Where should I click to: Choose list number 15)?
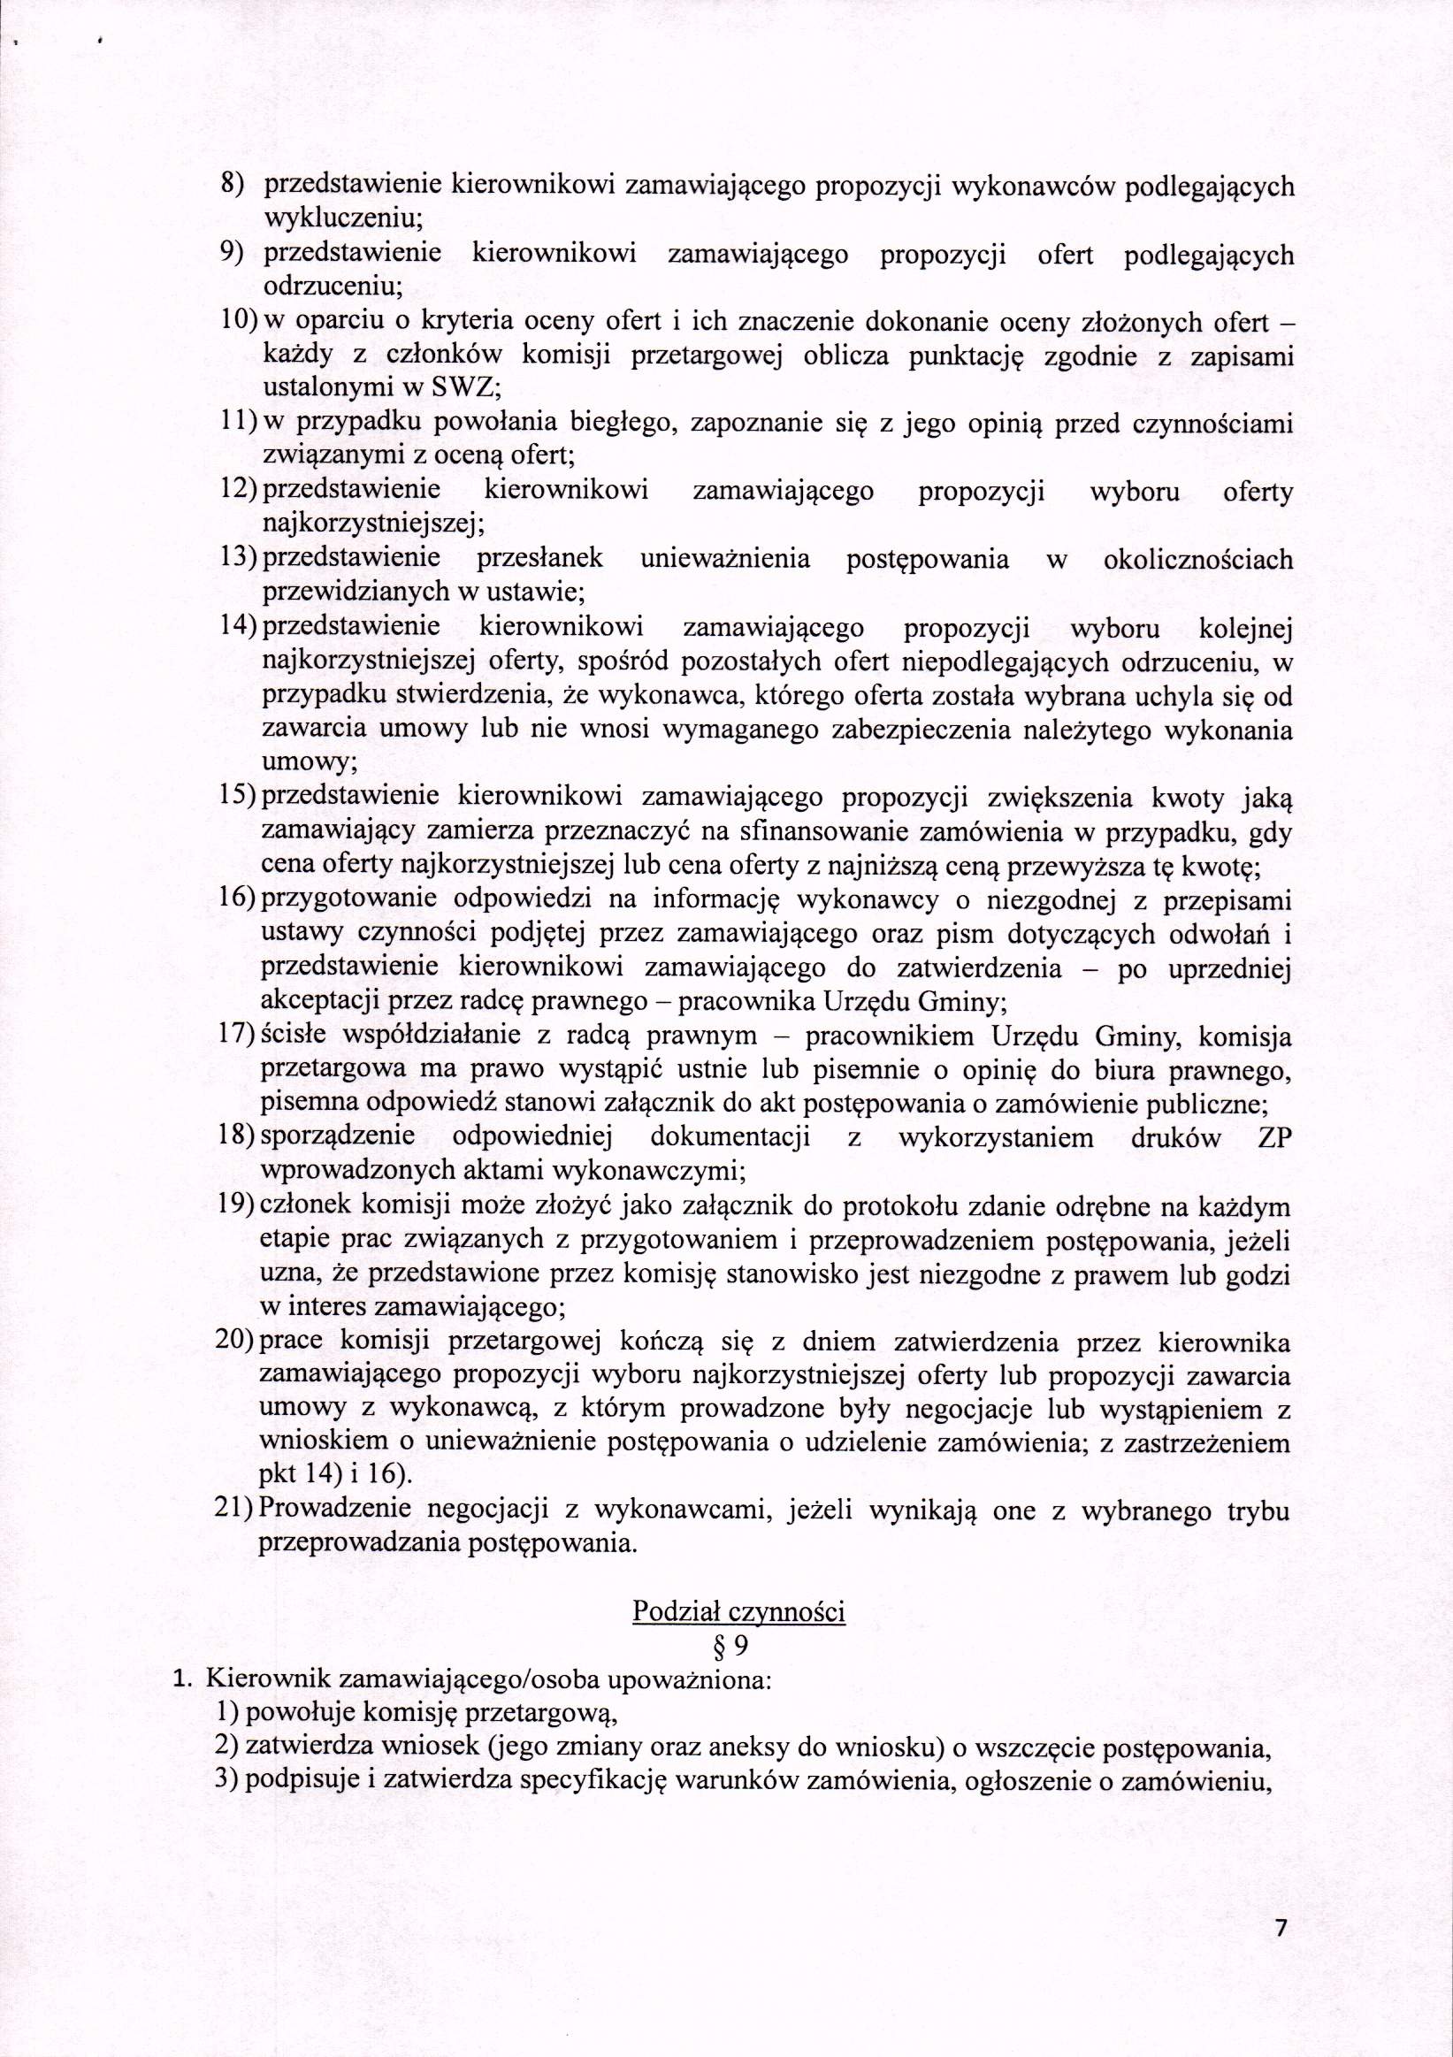click(x=237, y=798)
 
